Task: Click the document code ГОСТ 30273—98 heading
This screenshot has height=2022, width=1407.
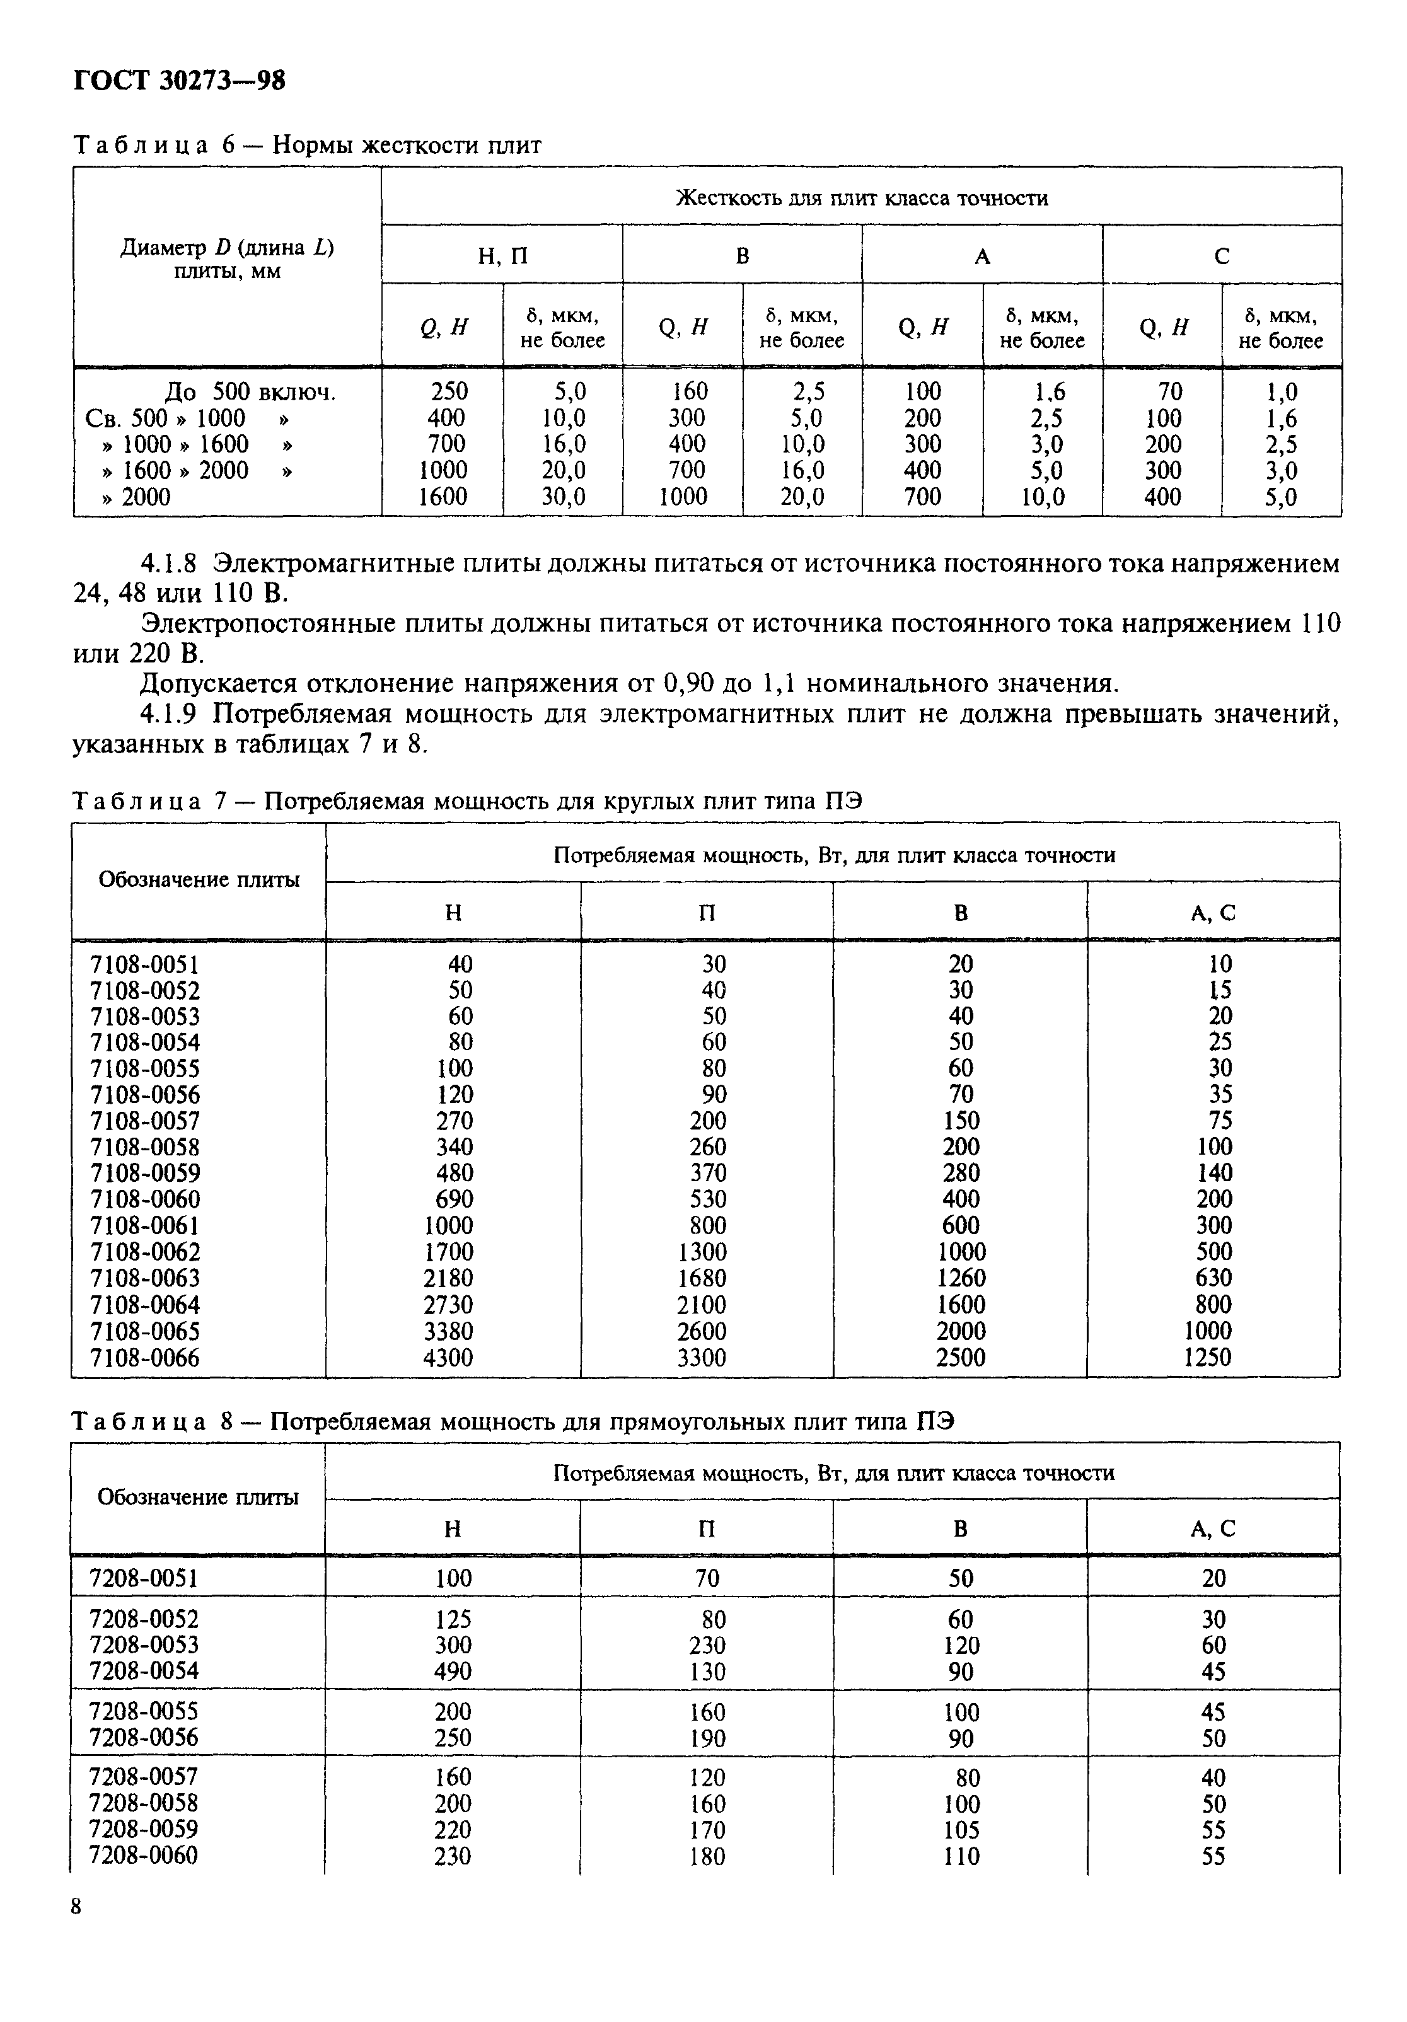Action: [x=179, y=81]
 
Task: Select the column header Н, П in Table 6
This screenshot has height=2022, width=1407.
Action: [x=502, y=257]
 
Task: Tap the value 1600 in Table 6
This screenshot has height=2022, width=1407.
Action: [x=443, y=497]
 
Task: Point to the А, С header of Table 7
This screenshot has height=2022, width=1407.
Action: [x=1213, y=913]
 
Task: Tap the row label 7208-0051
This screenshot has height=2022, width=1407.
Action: [x=144, y=1578]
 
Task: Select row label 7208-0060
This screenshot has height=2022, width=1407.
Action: [x=144, y=1856]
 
